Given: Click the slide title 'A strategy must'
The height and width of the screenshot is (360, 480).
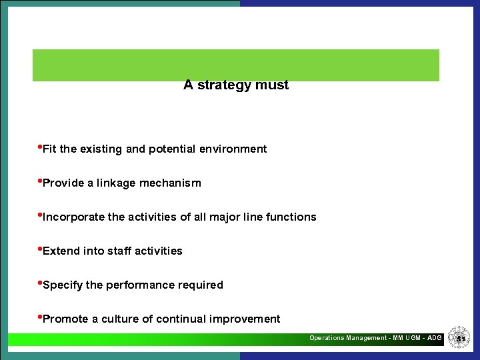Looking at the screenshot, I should (236, 85).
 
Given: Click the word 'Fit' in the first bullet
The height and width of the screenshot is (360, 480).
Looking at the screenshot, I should (49, 149).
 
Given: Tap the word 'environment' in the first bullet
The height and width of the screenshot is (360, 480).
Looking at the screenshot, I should (233, 149).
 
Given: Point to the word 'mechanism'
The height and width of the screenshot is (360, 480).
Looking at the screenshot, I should (170, 183).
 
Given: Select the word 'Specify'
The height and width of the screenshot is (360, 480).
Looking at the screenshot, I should (63, 285).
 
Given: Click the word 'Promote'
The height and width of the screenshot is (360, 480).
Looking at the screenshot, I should (65, 319).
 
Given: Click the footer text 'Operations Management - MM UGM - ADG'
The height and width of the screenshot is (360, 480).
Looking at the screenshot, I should (375, 338).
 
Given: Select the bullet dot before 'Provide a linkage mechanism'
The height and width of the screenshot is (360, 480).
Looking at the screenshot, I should (39, 181).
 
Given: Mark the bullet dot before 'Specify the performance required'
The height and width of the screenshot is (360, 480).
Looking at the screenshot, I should (39, 283).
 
